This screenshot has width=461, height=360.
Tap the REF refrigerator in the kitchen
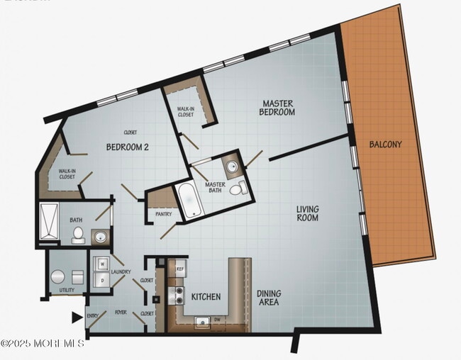coord(180,270)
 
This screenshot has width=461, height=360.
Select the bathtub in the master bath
coord(189,200)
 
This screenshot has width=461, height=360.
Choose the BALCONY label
coord(385,145)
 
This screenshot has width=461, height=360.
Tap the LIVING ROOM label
coord(308,213)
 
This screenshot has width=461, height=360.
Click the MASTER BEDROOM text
coord(277,108)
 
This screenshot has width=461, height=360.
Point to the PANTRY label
coord(163,213)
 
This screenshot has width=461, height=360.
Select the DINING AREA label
coord(269,298)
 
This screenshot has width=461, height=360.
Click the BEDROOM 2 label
coord(127,147)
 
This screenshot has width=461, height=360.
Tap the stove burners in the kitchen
coord(176,298)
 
